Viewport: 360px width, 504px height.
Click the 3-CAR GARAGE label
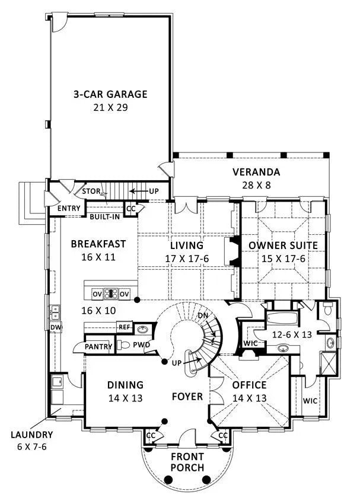[x=110, y=94]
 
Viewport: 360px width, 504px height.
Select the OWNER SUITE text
[x=283, y=245]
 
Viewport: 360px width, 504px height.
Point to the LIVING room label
[x=187, y=245]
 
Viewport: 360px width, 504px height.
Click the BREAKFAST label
[x=98, y=244]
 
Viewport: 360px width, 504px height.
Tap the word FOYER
[x=187, y=396]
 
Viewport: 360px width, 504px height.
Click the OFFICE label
[x=249, y=384]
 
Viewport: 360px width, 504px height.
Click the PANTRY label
[x=98, y=346]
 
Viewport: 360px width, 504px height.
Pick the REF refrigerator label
[x=124, y=326]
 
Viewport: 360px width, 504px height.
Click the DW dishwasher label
[x=55, y=327]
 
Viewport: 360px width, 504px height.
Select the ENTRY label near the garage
[x=69, y=209]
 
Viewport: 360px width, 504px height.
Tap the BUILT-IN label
[x=104, y=216]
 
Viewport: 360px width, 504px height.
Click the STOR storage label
[x=91, y=192]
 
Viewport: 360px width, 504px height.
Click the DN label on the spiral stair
[x=203, y=315]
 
